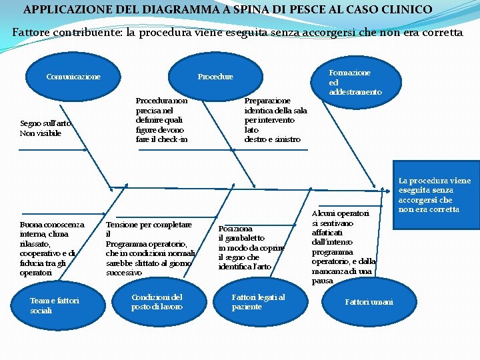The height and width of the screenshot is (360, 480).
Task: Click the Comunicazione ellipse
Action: click(x=73, y=77)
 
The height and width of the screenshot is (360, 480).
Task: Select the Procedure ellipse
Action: click(x=215, y=77)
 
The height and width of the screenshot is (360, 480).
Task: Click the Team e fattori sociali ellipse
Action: click(x=55, y=305)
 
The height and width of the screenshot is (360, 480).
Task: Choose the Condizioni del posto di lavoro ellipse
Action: click(x=157, y=301)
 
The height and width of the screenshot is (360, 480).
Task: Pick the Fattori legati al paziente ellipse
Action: click(x=258, y=301)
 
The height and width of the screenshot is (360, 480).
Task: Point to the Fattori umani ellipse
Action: click(x=369, y=302)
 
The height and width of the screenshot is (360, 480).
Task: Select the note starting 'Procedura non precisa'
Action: click(x=162, y=120)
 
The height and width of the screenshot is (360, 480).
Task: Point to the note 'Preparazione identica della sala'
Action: click(x=275, y=120)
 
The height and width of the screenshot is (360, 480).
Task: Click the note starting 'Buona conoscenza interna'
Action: click(x=52, y=249)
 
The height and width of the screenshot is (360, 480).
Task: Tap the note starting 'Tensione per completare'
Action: click(x=150, y=249)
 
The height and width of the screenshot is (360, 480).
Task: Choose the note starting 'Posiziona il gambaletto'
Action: click(x=245, y=247)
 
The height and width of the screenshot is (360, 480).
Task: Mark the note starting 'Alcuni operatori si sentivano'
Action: click(x=343, y=247)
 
